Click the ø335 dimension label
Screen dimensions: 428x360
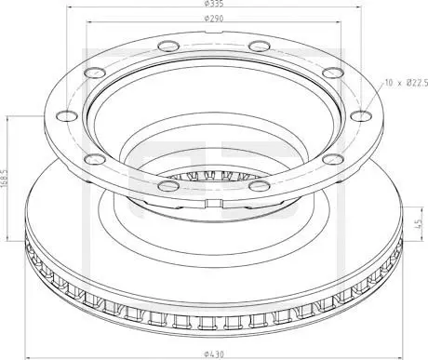click(214, 4)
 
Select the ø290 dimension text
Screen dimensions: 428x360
click(214, 19)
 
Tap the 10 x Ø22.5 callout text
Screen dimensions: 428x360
click(407, 83)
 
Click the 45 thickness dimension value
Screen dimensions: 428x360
click(419, 223)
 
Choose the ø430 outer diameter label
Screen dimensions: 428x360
click(214, 353)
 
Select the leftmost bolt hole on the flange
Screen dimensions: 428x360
click(67, 115)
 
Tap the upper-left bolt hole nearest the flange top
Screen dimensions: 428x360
click(168, 47)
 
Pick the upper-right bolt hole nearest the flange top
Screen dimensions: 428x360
click(260, 47)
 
